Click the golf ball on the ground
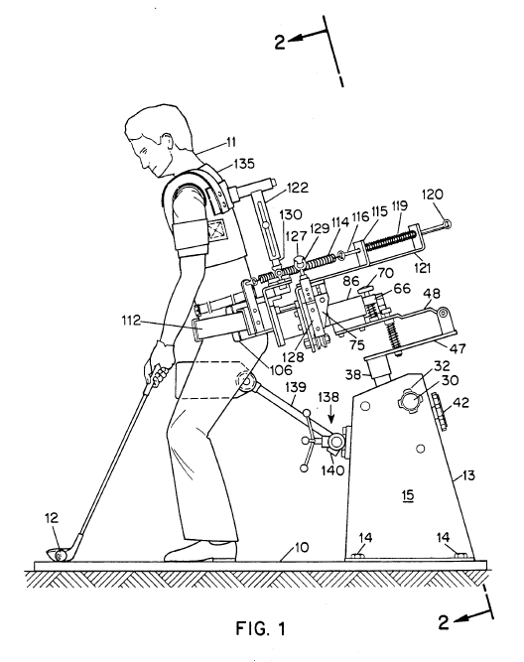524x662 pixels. (62, 554)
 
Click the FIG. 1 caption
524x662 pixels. (261, 628)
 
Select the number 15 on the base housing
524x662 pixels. (408, 495)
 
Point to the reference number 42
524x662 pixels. (460, 403)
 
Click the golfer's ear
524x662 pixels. (167, 142)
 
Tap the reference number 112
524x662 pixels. (130, 321)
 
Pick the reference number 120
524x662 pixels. (433, 195)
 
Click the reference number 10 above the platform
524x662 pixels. (302, 547)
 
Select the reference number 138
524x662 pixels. (328, 397)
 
